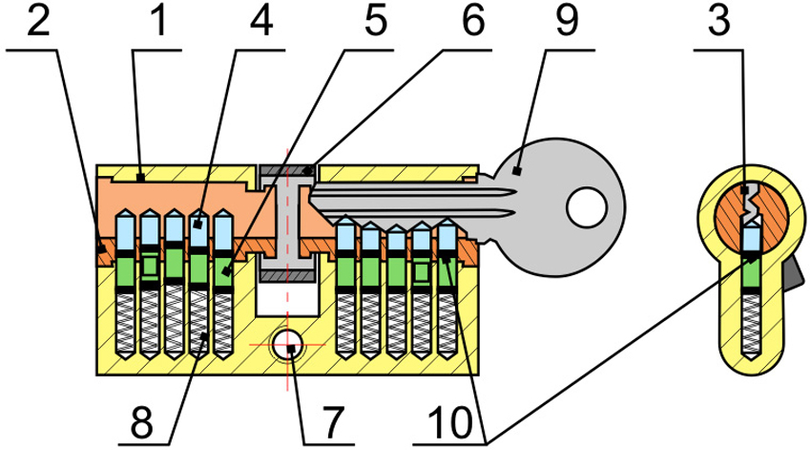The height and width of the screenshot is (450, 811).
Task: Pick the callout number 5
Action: click(x=362, y=21)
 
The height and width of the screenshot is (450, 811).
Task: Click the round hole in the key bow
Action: click(x=586, y=203)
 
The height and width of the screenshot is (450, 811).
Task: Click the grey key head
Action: click(x=563, y=201)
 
